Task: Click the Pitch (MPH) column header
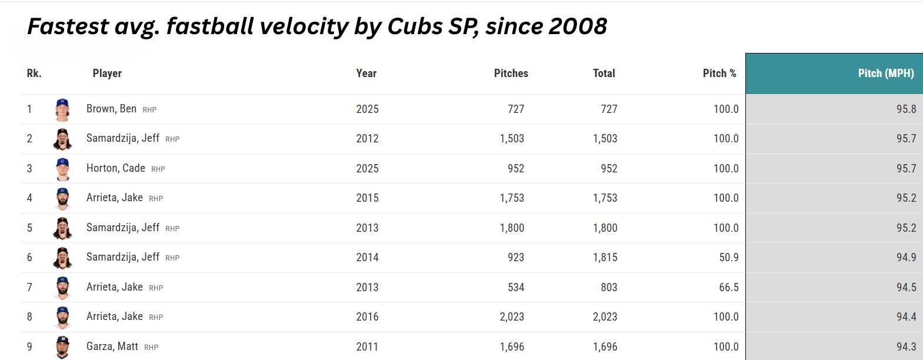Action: (885, 74)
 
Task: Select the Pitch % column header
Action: (719, 74)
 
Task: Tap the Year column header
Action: (366, 74)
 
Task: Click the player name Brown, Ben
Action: (111, 109)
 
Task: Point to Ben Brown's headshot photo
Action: (62, 109)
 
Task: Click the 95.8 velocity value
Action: (906, 109)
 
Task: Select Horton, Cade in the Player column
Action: (115, 168)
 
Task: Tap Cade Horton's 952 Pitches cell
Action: (515, 169)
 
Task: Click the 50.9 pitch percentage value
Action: (728, 258)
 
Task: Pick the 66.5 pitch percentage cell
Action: (728, 288)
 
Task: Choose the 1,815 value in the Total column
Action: (605, 258)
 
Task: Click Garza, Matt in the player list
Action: (112, 346)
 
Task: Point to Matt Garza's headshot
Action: (62, 346)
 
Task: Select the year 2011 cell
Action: (367, 347)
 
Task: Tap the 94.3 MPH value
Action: (906, 347)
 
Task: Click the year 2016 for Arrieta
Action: (367, 317)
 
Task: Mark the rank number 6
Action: (29, 258)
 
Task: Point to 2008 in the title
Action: (575, 26)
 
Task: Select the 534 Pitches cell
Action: (515, 288)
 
